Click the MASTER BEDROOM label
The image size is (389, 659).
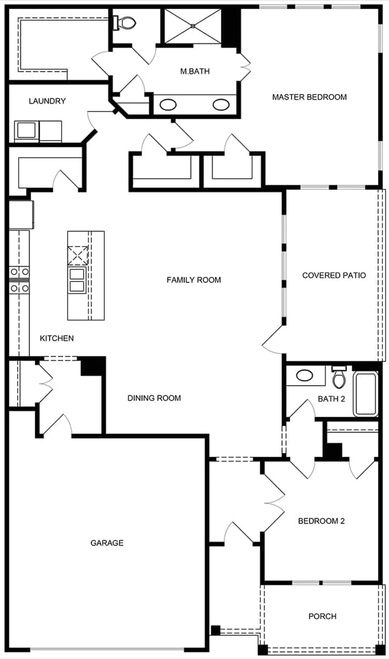click(309, 97)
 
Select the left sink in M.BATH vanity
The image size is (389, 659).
click(168, 105)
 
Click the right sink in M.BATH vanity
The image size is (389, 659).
click(221, 105)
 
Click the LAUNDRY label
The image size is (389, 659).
click(47, 101)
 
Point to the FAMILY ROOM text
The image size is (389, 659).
click(194, 280)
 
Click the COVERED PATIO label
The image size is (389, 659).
click(334, 275)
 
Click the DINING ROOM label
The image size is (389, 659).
click(154, 398)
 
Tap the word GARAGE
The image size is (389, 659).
click(107, 543)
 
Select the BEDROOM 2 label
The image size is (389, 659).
click(321, 521)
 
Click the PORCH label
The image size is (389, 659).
click(322, 617)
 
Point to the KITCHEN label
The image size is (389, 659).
click(57, 339)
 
